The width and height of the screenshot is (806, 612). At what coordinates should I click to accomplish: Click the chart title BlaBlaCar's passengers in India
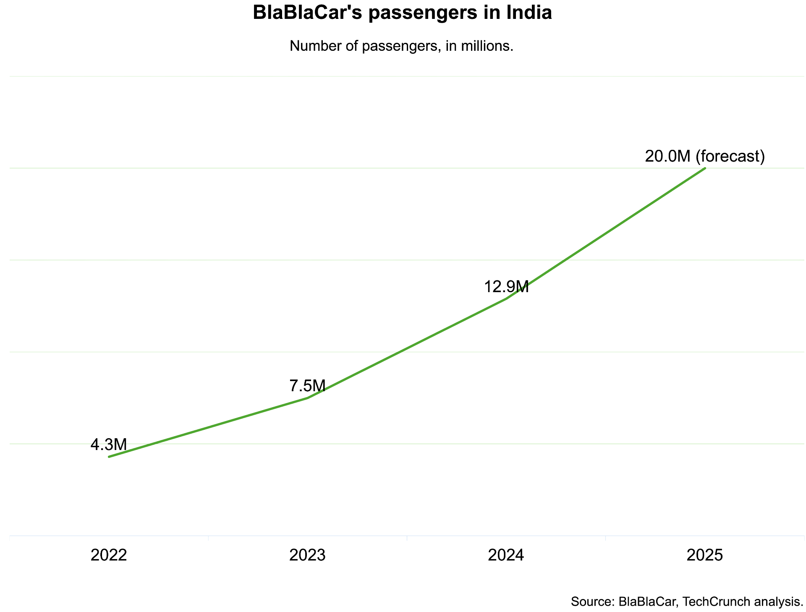click(x=402, y=13)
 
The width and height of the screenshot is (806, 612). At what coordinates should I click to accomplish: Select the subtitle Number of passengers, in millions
click(x=402, y=46)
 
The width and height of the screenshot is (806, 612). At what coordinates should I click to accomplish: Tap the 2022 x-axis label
click(x=109, y=555)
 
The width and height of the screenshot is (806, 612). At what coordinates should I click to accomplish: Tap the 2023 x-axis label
click(x=307, y=555)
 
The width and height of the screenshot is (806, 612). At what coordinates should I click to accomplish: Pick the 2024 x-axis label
click(x=506, y=555)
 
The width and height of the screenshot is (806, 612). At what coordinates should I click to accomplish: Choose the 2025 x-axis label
click(x=704, y=555)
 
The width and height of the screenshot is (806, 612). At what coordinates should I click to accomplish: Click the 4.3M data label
click(x=109, y=445)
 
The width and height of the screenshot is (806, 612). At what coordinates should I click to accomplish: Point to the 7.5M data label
click(x=307, y=386)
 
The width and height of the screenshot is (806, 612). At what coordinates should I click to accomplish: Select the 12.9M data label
click(x=506, y=287)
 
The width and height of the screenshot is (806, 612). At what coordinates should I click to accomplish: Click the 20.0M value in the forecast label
click(x=667, y=156)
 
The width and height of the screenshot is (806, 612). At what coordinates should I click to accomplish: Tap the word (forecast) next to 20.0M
click(x=730, y=156)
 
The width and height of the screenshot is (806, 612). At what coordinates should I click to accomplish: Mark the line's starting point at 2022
click(x=109, y=457)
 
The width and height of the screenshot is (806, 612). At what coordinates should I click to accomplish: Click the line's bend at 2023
click(x=308, y=398)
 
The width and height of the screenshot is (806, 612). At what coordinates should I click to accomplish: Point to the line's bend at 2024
click(x=507, y=298)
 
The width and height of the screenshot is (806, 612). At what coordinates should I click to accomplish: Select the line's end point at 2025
click(x=705, y=168)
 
